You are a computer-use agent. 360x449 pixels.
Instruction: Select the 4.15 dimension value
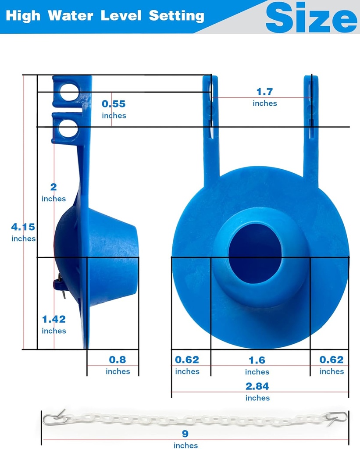click(x=23, y=227)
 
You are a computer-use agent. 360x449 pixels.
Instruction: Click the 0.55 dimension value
click(x=114, y=104)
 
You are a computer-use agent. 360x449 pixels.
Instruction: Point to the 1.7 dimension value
click(x=264, y=92)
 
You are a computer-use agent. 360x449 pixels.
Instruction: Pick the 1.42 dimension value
click(x=53, y=319)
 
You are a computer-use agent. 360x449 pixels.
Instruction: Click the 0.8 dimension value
click(x=118, y=360)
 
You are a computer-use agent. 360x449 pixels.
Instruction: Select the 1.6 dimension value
click(x=257, y=360)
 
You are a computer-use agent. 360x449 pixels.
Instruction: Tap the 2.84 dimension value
click(x=257, y=386)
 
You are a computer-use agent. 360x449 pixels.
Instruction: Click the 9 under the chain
click(x=185, y=434)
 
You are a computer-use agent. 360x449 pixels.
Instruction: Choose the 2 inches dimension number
click(x=53, y=187)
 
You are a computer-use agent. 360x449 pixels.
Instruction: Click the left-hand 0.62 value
click(x=187, y=360)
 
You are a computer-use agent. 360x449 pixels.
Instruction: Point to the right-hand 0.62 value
click(x=331, y=360)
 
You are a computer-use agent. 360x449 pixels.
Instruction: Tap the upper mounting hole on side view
click(x=69, y=92)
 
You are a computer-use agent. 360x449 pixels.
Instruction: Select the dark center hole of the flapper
click(x=255, y=253)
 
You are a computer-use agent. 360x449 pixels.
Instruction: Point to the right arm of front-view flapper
click(x=311, y=127)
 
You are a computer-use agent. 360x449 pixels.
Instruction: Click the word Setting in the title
click(x=177, y=16)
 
